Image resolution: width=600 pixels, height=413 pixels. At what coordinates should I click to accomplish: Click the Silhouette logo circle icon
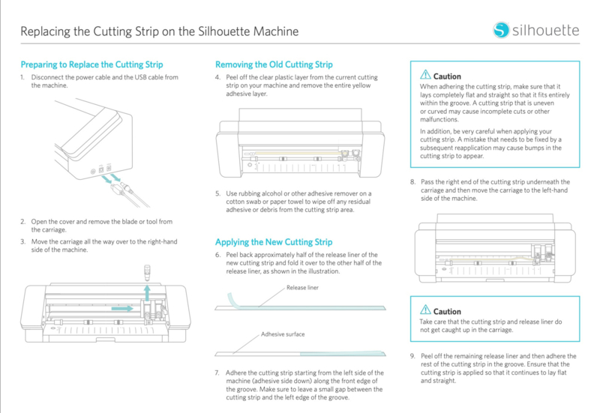(x=501, y=30)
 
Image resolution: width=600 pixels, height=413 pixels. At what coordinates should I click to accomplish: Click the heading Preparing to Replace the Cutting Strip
(x=91, y=64)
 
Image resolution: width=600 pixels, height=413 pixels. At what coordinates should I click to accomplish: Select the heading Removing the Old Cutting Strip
(x=274, y=64)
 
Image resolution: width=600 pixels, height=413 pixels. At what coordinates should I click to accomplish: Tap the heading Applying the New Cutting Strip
(x=274, y=242)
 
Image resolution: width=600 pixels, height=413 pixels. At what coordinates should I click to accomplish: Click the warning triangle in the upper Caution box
(x=425, y=75)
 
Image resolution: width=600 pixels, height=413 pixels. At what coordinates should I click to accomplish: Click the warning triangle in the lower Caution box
(x=425, y=310)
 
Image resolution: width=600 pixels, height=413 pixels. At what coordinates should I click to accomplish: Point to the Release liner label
(x=302, y=288)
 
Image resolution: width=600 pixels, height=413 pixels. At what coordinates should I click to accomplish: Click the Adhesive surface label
(x=283, y=334)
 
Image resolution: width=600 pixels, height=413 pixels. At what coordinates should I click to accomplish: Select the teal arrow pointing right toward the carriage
(x=122, y=308)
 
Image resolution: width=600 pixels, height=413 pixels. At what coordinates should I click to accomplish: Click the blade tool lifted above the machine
(x=147, y=273)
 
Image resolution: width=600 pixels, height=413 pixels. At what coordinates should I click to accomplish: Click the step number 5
(x=217, y=193)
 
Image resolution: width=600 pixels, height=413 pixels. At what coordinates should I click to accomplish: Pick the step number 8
(x=412, y=181)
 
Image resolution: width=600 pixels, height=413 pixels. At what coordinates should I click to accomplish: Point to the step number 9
(x=412, y=356)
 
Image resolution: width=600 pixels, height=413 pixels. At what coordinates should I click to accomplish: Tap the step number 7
(x=217, y=373)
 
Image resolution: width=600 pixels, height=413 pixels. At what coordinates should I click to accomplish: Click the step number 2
(x=23, y=221)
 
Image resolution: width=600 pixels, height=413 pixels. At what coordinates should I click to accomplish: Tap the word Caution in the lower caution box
(x=447, y=311)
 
